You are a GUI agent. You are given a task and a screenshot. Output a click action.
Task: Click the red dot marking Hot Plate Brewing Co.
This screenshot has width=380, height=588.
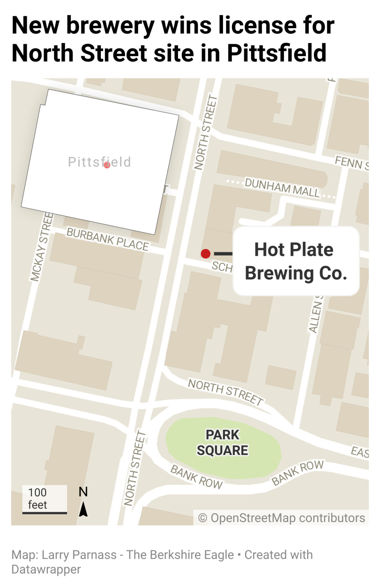click(x=206, y=254)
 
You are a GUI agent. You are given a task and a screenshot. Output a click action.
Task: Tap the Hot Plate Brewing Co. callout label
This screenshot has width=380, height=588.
click(x=296, y=261)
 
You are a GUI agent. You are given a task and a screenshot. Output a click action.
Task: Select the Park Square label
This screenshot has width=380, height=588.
click(x=222, y=442)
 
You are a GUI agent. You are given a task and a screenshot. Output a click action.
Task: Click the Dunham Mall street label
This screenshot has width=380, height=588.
click(x=282, y=188)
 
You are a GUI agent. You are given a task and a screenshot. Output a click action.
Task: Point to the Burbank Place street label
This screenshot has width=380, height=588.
click(x=107, y=239)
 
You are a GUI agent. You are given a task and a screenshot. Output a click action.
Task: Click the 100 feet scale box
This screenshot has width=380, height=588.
click(x=44, y=499)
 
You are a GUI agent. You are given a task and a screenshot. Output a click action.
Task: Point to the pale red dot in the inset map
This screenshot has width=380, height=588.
click(x=107, y=165)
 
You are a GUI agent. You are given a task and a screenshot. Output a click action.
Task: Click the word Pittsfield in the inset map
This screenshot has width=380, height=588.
click(x=99, y=162)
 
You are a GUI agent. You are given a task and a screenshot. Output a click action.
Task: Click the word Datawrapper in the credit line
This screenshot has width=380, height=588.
click(x=46, y=569)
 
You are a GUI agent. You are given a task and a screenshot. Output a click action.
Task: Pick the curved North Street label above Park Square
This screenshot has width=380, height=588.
click(x=225, y=392)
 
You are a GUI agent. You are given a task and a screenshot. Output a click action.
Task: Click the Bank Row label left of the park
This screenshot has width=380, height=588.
click(x=196, y=477)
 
